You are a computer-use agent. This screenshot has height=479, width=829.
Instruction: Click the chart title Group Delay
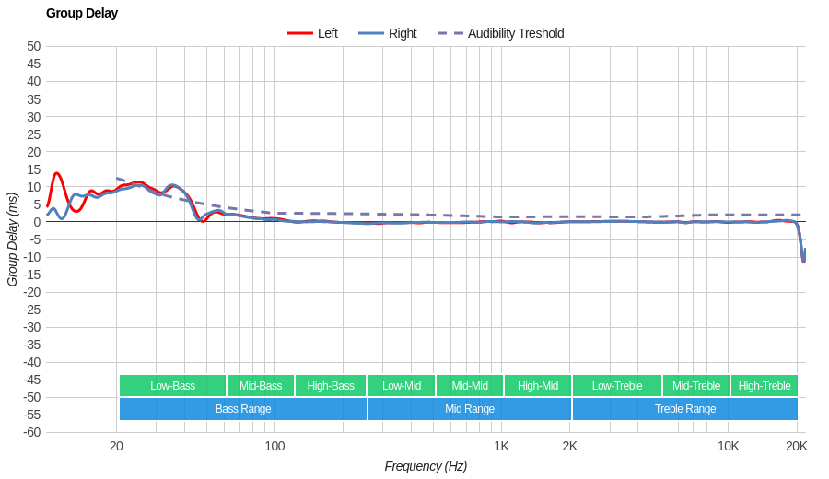pyautogui.click(x=82, y=13)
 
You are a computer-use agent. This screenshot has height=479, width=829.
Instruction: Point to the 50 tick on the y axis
pyautogui.click(x=34, y=46)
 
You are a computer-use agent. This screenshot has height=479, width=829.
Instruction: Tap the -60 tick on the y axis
pyautogui.click(x=31, y=432)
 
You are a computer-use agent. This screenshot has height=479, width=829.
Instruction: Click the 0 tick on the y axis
pyautogui.click(x=38, y=222)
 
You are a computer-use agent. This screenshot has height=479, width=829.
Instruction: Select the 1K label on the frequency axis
pyautogui.click(x=501, y=446)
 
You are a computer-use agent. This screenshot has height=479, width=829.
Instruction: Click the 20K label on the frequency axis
pyautogui.click(x=797, y=446)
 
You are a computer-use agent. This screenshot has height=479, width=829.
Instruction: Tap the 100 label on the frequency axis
pyautogui.click(x=274, y=446)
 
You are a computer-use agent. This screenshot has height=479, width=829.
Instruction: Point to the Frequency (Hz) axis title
pyautogui.click(x=426, y=466)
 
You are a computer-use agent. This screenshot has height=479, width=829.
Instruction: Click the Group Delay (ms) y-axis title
pyautogui.click(x=12, y=239)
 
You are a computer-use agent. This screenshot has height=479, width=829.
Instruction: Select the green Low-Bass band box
pyautogui.click(x=172, y=385)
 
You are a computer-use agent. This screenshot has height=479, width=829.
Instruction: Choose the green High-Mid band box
pyautogui.click(x=537, y=385)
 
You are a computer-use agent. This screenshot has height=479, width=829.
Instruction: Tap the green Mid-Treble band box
pyautogui.click(x=696, y=385)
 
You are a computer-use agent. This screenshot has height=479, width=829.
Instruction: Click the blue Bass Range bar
pyautogui.click(x=243, y=409)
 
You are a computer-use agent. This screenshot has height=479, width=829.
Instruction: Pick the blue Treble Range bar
pyautogui.click(x=684, y=409)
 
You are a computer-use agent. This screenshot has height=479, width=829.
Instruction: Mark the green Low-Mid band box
pyautogui.click(x=402, y=385)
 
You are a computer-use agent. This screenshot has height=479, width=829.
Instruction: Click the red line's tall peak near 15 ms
pyautogui.click(x=57, y=173)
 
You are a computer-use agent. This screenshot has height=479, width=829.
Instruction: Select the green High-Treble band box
pyautogui.click(x=765, y=385)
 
